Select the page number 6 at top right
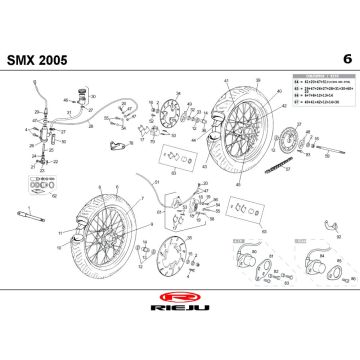click(345, 57)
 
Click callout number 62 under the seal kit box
click(52, 194)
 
